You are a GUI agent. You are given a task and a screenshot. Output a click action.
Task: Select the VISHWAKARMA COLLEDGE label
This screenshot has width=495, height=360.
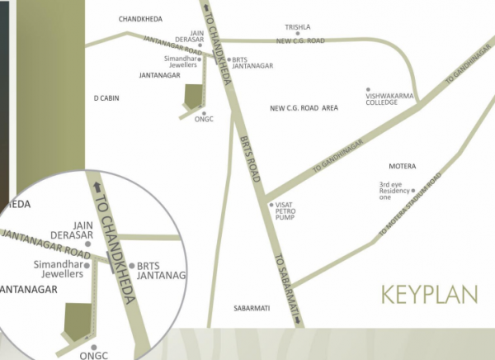388,99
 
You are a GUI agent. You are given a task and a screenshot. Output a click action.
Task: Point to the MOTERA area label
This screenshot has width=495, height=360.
402,167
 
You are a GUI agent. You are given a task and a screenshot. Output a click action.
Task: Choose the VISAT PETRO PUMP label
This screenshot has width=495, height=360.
285,211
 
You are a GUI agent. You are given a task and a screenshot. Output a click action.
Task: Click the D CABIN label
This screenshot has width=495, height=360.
106,97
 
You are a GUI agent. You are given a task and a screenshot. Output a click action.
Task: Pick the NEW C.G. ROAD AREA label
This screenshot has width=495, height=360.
304,108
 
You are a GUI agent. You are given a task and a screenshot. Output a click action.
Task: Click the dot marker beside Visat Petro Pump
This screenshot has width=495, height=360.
271,204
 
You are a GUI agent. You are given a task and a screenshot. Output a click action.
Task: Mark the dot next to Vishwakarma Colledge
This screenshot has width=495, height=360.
368,89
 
